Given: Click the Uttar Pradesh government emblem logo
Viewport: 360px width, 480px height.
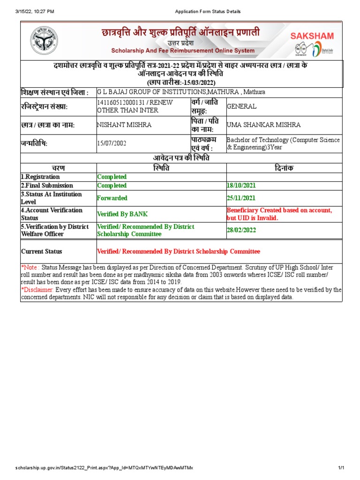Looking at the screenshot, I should click(42, 41).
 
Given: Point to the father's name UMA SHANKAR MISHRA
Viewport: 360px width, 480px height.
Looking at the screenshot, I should click(264, 125).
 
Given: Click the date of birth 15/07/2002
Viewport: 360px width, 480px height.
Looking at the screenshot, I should click(112, 143).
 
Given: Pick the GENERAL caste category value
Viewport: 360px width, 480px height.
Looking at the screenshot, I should click(241, 106).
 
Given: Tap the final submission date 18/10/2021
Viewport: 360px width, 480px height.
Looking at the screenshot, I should click(241, 186).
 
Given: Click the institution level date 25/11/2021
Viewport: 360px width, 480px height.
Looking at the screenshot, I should click(241, 198).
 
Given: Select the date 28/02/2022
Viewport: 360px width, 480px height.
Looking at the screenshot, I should click(241, 230).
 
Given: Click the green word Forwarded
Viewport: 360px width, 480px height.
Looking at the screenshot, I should click(112, 198).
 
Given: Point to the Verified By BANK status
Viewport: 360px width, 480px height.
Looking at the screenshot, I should click(122, 214).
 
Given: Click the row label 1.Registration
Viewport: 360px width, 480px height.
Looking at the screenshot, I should click(40, 177).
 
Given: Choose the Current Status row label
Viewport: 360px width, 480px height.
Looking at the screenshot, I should click(42, 252).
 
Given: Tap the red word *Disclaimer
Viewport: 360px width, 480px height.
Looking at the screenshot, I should click(37, 290).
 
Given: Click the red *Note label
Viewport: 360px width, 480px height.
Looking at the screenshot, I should click(30, 267).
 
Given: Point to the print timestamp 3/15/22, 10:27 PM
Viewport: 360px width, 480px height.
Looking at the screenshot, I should click(35, 11).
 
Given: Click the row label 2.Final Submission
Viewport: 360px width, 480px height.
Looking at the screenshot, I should click(46, 186).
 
